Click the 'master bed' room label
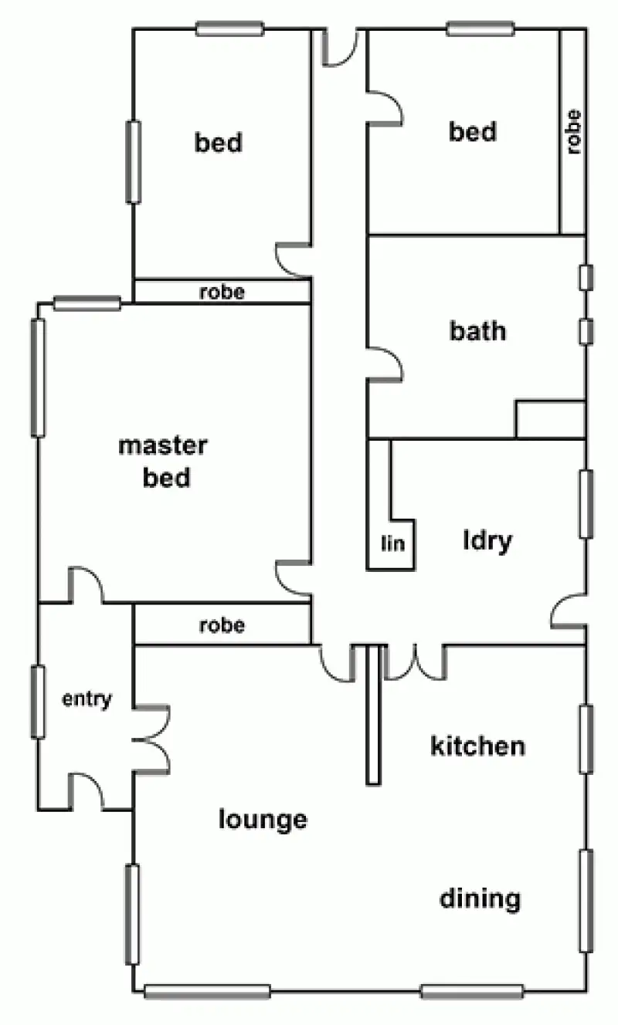[162, 462]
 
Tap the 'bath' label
[477, 331]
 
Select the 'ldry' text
[487, 540]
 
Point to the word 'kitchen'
[477, 746]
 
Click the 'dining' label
[480, 898]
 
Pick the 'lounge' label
[263, 818]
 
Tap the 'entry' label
[87, 700]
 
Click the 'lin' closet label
[393, 543]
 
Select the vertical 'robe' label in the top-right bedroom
[573, 132]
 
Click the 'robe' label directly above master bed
[222, 292]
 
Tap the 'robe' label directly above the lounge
[222, 624]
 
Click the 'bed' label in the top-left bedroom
[218, 143]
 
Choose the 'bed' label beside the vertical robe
[473, 132]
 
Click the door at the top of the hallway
[340, 48]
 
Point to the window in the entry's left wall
[37, 701]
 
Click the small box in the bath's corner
[549, 419]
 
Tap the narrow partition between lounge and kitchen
[374, 715]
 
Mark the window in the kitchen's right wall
[586, 738]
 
